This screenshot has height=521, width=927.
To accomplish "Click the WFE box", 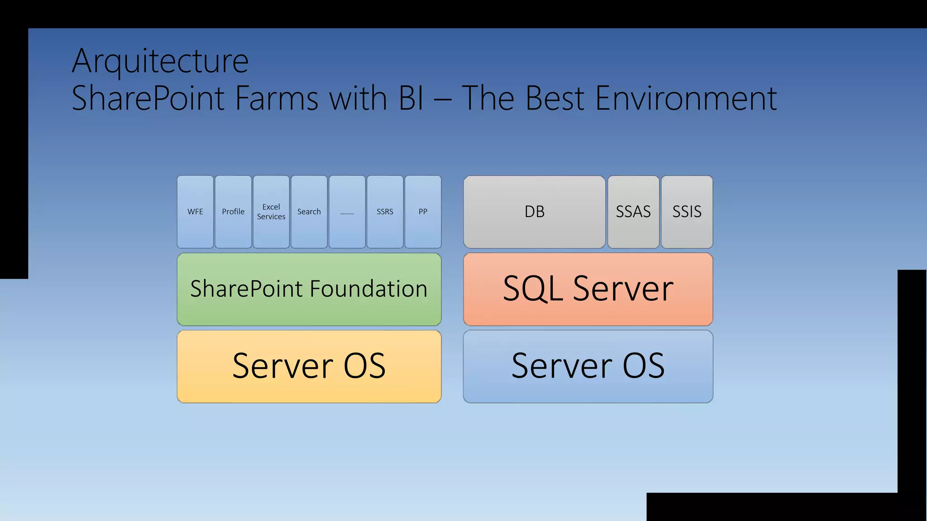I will pos(195,212).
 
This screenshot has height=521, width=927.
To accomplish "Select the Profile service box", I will pos(233,212).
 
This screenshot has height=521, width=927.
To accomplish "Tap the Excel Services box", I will pos(271,212).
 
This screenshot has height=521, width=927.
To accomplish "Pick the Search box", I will pos(309,212).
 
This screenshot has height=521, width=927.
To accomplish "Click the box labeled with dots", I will pos(347,212).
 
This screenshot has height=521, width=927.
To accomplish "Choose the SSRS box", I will pos(385,212).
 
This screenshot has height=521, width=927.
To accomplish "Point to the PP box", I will pos(423,212).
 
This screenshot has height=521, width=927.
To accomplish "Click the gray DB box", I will pos(534,212).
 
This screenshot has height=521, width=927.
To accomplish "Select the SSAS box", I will pos(633,212).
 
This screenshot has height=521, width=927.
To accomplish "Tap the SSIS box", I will pos(687,212).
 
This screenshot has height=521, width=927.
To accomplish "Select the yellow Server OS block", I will pos(309,366).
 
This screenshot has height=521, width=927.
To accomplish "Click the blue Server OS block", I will pos(588,366).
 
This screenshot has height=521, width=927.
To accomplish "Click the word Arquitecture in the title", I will pos(160,61).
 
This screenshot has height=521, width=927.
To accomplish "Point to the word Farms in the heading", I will pos(277,98).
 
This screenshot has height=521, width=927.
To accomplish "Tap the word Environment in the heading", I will pos(686,98).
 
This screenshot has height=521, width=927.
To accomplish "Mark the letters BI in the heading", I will pos(411,98).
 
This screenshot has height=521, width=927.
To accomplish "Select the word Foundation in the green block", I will pos(368,289).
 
